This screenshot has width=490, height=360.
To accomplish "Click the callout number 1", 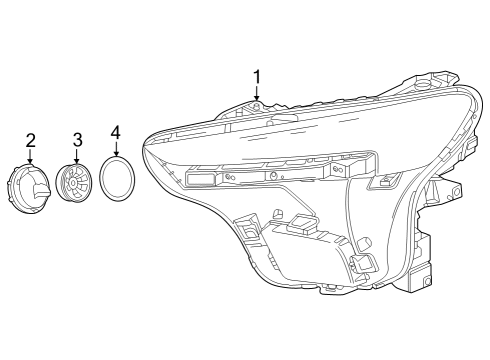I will click(x=257, y=77).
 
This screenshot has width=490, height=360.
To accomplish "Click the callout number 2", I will click(x=30, y=140).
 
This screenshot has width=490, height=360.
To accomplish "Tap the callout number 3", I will click(x=76, y=140).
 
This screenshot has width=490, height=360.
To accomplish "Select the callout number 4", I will click(x=115, y=132).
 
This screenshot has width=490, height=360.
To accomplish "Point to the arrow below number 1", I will click(x=257, y=95).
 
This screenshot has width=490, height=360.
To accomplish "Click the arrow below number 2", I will click(x=30, y=157).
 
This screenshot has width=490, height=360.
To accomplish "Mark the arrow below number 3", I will click(x=76, y=157).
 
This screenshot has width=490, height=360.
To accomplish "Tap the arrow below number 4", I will click(x=115, y=149).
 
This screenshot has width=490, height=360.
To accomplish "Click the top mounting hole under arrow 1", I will click(x=257, y=106).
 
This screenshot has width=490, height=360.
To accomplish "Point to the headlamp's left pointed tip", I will click(x=145, y=139).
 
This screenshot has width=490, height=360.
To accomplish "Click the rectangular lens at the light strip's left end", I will click(x=201, y=178).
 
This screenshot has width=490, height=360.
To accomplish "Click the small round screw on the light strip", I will click(x=272, y=175).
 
